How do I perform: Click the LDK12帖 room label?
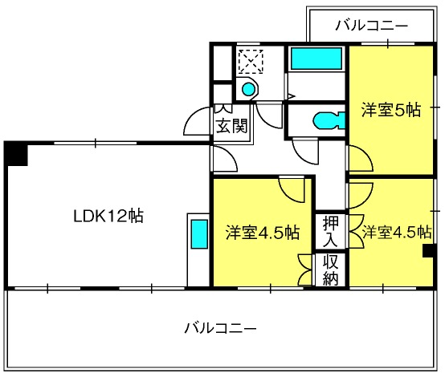pos(108,216)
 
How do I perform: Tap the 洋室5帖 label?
pos(391,110)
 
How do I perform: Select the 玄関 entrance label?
pos(232,126)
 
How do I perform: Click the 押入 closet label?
pos(331,230)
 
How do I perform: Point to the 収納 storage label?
pos(331,270)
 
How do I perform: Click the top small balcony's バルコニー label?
pos(371,26)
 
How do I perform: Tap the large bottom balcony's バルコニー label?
pos(221,328)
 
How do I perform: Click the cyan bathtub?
pos(316,59)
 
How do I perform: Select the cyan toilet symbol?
pos(329,121)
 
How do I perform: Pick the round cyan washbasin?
pos(249,89)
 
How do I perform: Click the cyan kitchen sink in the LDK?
pos(199,234)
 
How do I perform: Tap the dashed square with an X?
pos(251,62)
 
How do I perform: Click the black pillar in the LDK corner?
pos(16,155)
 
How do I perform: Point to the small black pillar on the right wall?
pos(429,251)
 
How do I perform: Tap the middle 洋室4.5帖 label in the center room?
pos(263,233)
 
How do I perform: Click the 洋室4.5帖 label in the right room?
pos(397,232)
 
